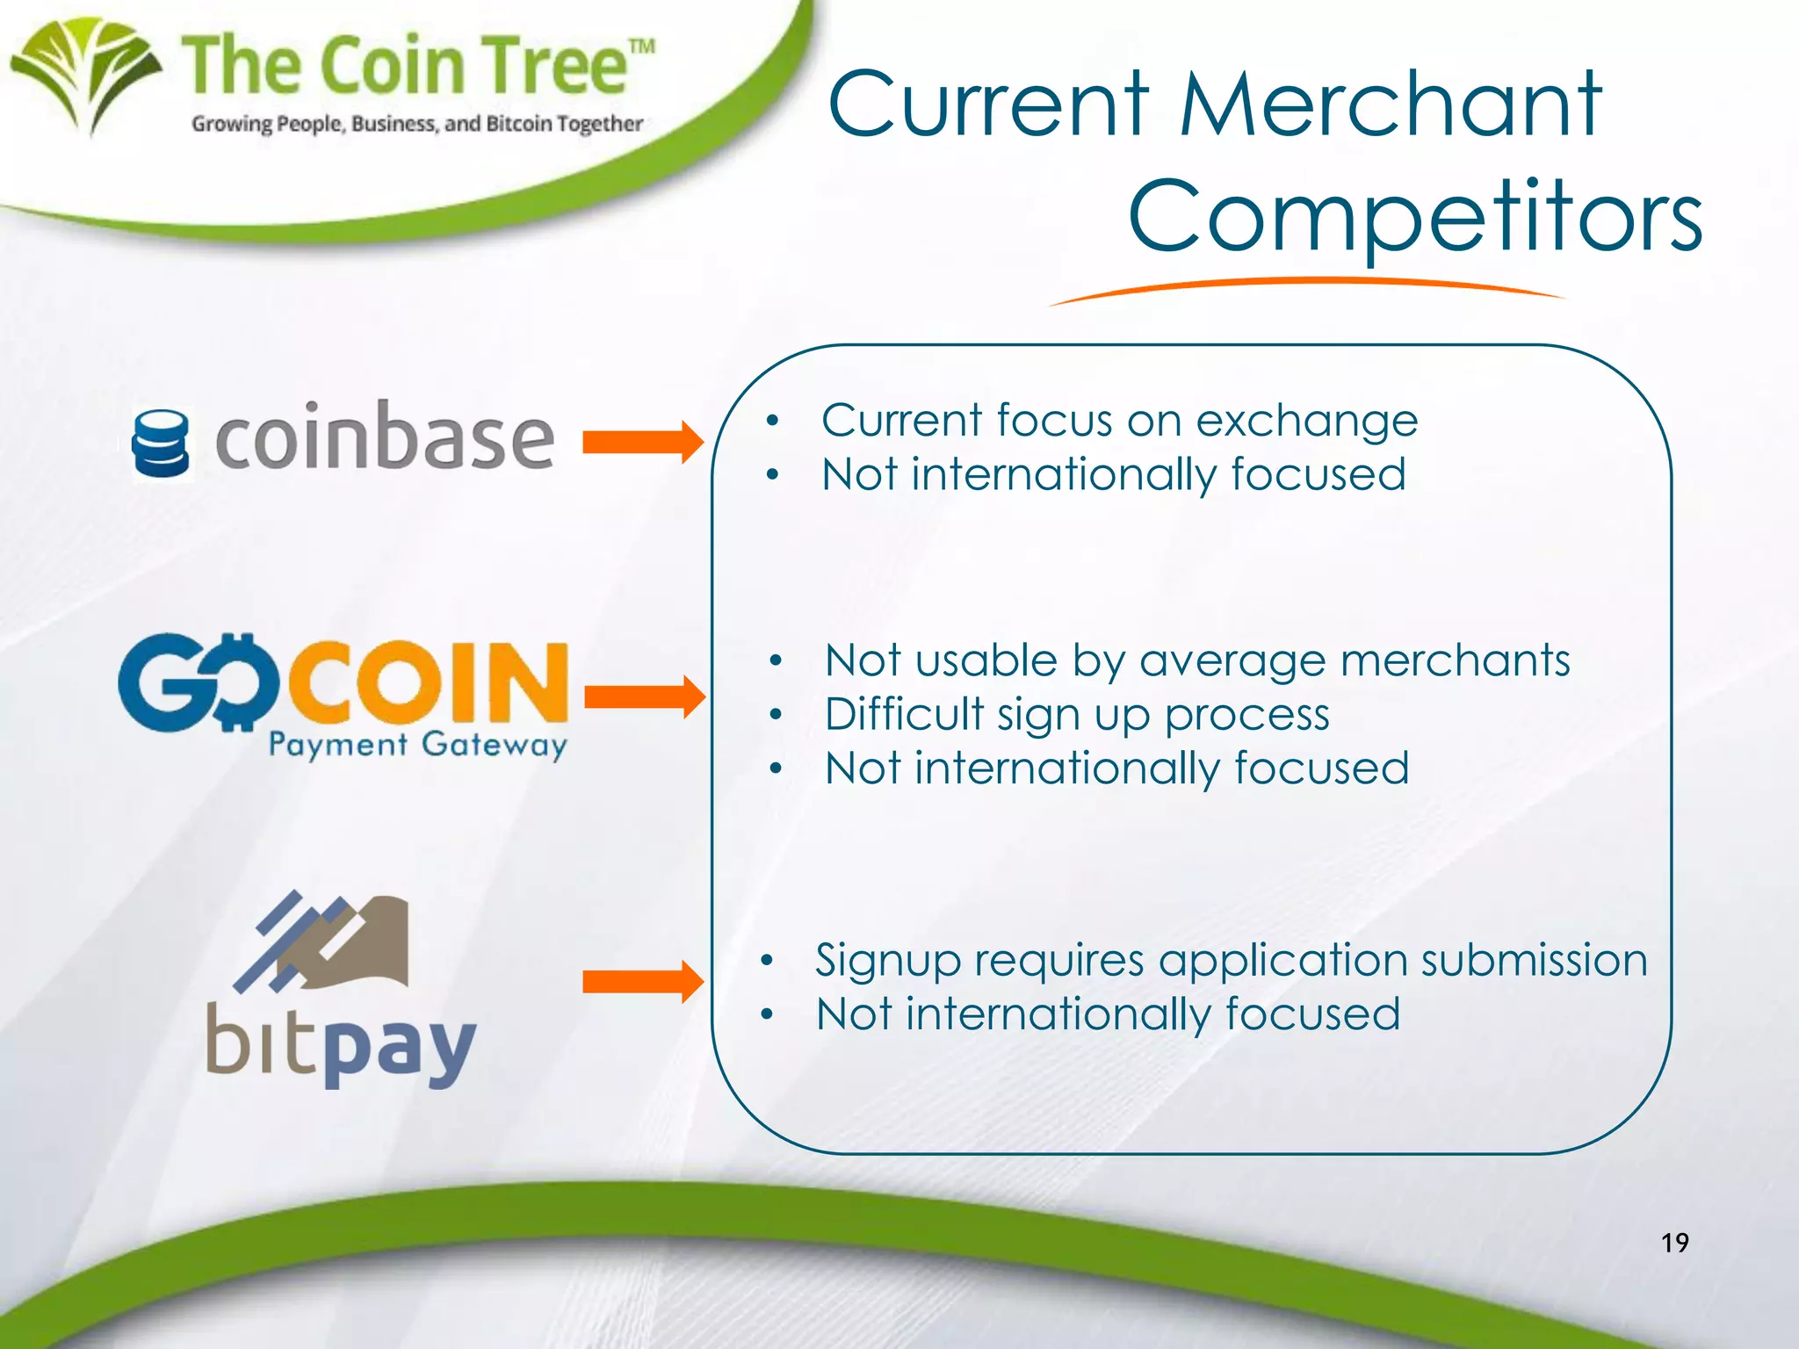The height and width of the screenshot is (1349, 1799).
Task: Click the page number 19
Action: pos(1674,1243)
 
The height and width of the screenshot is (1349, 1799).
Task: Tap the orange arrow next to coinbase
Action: pos(643,442)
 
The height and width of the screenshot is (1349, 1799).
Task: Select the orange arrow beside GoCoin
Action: pos(644,697)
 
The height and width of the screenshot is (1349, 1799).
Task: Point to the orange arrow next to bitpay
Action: pos(643,981)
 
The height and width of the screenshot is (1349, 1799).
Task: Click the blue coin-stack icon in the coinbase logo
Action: pos(160,444)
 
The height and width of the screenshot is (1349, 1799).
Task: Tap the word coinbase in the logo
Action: pos(385,436)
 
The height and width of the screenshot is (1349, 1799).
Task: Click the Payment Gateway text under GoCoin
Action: pos(417,745)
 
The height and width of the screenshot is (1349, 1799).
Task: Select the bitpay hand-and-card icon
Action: pos(324,939)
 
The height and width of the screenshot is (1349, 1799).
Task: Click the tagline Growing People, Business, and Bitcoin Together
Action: pos(417,124)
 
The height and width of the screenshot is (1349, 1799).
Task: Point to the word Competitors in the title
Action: pos(1414,216)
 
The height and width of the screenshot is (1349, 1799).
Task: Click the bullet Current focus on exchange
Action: pos(1119,420)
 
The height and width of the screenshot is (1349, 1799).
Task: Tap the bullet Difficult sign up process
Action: pos(1077,714)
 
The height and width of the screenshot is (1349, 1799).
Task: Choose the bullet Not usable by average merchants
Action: pos(1196,660)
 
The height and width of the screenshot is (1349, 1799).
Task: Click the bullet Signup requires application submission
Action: pos(1231,959)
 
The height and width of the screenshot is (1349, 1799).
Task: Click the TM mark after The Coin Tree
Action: pos(642,47)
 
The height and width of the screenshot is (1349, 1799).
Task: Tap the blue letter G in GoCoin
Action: pos(163,683)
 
